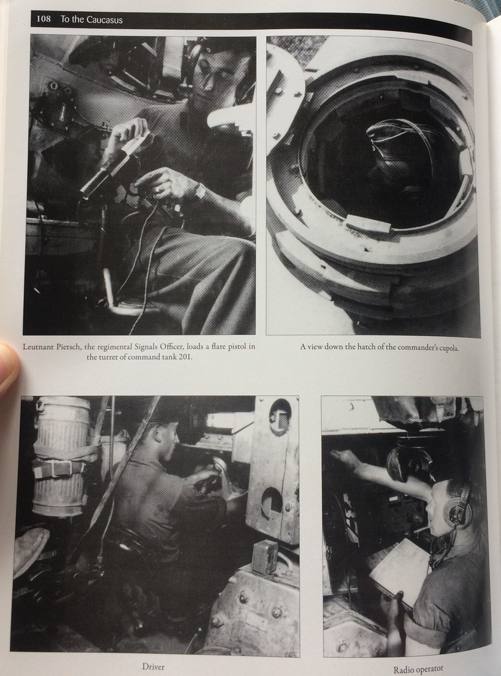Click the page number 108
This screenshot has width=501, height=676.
tap(44, 19)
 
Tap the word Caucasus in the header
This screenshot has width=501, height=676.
tap(106, 20)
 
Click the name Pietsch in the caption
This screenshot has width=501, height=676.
tap(68, 347)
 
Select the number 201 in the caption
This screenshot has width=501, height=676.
tap(184, 357)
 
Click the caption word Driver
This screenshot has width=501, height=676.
tap(153, 667)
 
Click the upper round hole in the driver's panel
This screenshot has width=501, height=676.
tap(280, 413)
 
